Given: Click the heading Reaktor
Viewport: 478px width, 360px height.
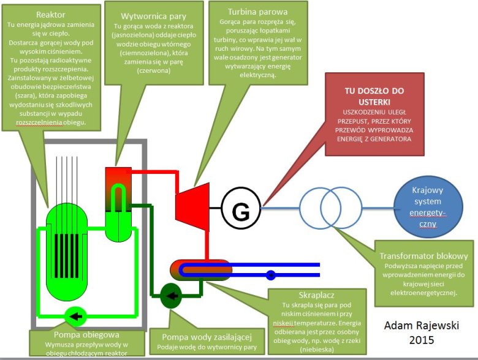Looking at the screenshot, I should (51, 15).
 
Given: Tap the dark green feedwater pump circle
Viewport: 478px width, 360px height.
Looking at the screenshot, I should (172, 296).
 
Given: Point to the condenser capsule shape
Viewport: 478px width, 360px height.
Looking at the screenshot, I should (201, 271).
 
